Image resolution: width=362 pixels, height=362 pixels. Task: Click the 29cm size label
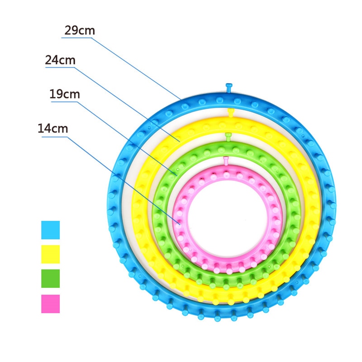80,31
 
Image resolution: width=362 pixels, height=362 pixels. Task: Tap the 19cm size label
65,94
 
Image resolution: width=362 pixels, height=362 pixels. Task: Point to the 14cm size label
53,128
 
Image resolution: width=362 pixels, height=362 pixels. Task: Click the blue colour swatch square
50,230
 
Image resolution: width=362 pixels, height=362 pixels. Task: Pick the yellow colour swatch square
50,254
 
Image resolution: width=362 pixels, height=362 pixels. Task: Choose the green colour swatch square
50,279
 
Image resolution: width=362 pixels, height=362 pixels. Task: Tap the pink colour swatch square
50,304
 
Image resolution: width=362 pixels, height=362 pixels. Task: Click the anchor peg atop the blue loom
229,87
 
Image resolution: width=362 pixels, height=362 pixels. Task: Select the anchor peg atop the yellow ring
230,111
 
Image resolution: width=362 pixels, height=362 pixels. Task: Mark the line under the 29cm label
77,38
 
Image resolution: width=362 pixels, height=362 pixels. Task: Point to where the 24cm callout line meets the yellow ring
180,141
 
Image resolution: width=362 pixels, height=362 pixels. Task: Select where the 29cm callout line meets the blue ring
181,99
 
